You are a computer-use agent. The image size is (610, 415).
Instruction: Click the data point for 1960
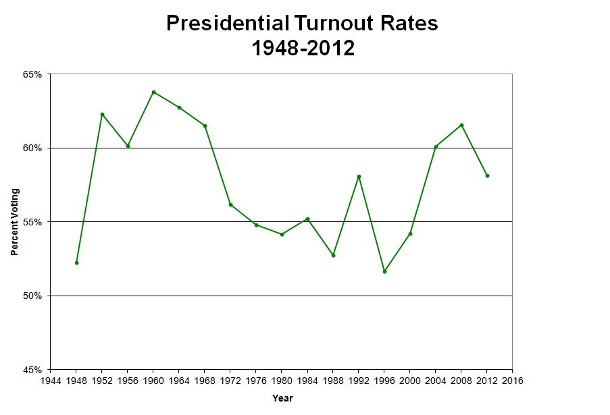(153, 92)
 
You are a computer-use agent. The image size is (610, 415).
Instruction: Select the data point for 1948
(76, 262)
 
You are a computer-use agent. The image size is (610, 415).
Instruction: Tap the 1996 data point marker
(384, 271)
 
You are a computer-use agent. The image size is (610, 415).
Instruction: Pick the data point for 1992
(359, 176)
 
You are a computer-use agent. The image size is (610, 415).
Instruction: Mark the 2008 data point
(461, 125)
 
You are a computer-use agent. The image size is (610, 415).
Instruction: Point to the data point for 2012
(487, 175)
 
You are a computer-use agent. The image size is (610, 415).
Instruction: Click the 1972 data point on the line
(230, 204)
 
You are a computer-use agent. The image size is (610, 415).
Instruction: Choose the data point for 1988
(333, 255)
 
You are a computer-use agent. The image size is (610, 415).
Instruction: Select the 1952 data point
(102, 114)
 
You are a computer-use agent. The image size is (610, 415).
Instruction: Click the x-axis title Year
(282, 398)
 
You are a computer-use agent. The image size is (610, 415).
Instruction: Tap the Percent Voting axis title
(14, 222)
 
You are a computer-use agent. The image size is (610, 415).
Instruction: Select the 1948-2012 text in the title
(302, 49)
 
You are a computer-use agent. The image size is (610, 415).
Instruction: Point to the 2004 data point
(436, 146)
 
